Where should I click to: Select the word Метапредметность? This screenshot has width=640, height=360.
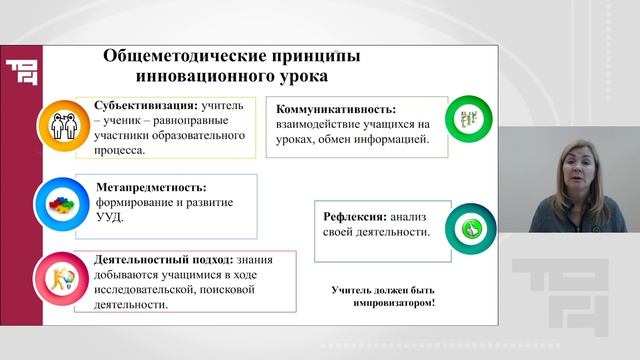point(150,187)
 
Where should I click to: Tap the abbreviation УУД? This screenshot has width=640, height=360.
point(111,217)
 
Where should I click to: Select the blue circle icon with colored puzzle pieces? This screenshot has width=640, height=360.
point(61,204)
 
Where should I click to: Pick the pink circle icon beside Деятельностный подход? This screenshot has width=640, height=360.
point(61,279)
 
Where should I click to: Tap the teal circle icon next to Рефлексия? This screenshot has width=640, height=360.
point(466,227)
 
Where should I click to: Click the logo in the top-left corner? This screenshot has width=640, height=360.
point(21,75)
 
